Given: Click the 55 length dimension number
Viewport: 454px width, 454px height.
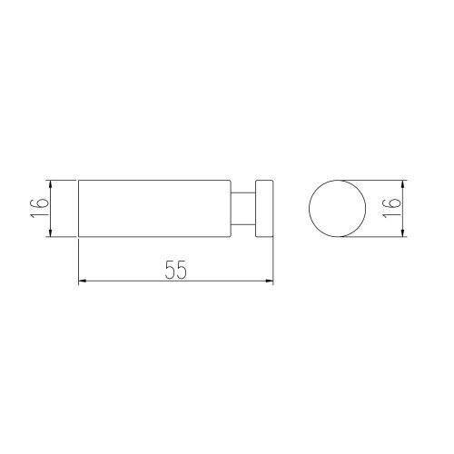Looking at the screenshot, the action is click(x=176, y=270).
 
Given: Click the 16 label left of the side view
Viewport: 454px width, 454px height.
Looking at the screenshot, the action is click(x=40, y=208).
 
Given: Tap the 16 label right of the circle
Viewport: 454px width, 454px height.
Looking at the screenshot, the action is click(x=391, y=208).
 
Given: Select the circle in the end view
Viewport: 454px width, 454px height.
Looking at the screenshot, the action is click(x=309, y=208).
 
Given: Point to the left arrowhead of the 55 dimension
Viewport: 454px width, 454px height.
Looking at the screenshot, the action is click(x=83, y=281).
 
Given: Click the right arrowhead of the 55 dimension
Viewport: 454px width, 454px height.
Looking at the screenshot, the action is click(x=269, y=281).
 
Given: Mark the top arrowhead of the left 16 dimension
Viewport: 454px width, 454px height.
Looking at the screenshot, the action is click(x=51, y=184).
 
